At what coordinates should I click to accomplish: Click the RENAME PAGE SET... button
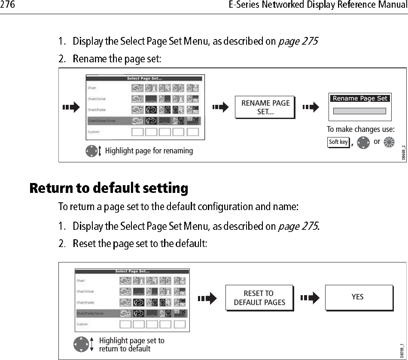tap(265, 107)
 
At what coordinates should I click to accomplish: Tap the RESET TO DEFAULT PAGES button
tap(259, 298)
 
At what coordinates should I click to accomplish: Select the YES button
tap(358, 297)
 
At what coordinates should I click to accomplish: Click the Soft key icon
tap(338, 142)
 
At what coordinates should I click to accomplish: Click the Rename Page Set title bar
tap(360, 98)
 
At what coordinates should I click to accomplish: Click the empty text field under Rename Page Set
tap(359, 111)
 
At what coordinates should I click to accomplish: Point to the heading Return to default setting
tap(109, 188)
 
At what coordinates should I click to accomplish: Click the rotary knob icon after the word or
tap(389, 142)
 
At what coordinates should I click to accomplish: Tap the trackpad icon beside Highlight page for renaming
tap(91, 151)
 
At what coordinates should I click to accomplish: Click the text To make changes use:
tap(360, 129)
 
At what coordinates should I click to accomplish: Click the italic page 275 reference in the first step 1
tap(298, 42)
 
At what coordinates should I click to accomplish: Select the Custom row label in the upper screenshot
tap(94, 132)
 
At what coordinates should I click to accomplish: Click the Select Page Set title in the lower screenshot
tap(132, 272)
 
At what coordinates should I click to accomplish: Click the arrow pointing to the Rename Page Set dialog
tap(312, 107)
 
